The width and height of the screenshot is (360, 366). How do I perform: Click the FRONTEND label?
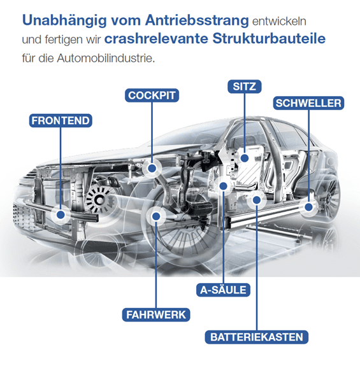click(x=61, y=121)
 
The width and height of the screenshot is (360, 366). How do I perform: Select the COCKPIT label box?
click(x=152, y=95)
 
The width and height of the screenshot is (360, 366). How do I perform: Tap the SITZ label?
click(x=245, y=87)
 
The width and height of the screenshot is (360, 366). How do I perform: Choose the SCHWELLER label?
click(x=308, y=103)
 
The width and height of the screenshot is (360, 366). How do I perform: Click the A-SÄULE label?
click(x=223, y=290)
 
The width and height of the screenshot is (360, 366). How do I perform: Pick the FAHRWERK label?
click(x=156, y=314)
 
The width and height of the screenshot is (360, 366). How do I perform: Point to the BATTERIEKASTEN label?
click(x=257, y=337)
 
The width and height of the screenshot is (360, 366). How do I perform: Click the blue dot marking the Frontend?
click(x=61, y=215)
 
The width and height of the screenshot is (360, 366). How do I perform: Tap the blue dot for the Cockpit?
click(x=152, y=168)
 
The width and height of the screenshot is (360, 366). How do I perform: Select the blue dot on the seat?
click(x=245, y=158)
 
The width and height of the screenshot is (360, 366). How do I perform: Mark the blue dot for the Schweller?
click(x=308, y=207)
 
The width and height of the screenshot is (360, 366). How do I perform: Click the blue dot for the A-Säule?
click(x=224, y=186)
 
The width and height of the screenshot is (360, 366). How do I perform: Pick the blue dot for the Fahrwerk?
click(x=156, y=216)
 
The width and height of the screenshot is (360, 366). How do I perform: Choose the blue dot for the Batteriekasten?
click(x=257, y=200)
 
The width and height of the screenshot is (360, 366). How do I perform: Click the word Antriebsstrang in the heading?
click(x=197, y=21)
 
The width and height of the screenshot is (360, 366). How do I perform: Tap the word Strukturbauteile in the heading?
click(x=269, y=39)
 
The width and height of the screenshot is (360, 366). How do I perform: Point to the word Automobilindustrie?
click(x=106, y=58)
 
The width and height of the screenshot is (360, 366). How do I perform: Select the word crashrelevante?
click(x=156, y=39)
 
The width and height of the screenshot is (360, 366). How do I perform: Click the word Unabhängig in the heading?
click(x=64, y=21)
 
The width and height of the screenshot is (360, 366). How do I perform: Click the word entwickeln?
click(x=279, y=21)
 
